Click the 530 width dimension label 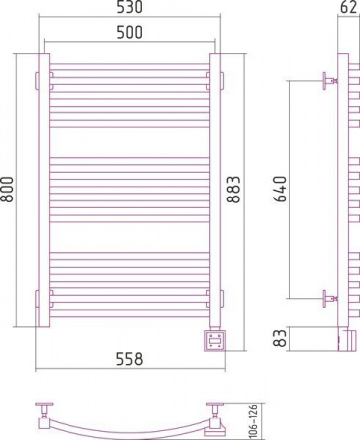(130, 7)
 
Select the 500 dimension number (130, 32)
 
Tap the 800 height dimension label (7, 190)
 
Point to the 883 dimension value (233, 190)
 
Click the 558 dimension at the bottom (130, 359)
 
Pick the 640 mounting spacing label (280, 190)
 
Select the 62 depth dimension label (348, 7)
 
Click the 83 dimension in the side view (280, 338)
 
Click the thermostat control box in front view (214, 340)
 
